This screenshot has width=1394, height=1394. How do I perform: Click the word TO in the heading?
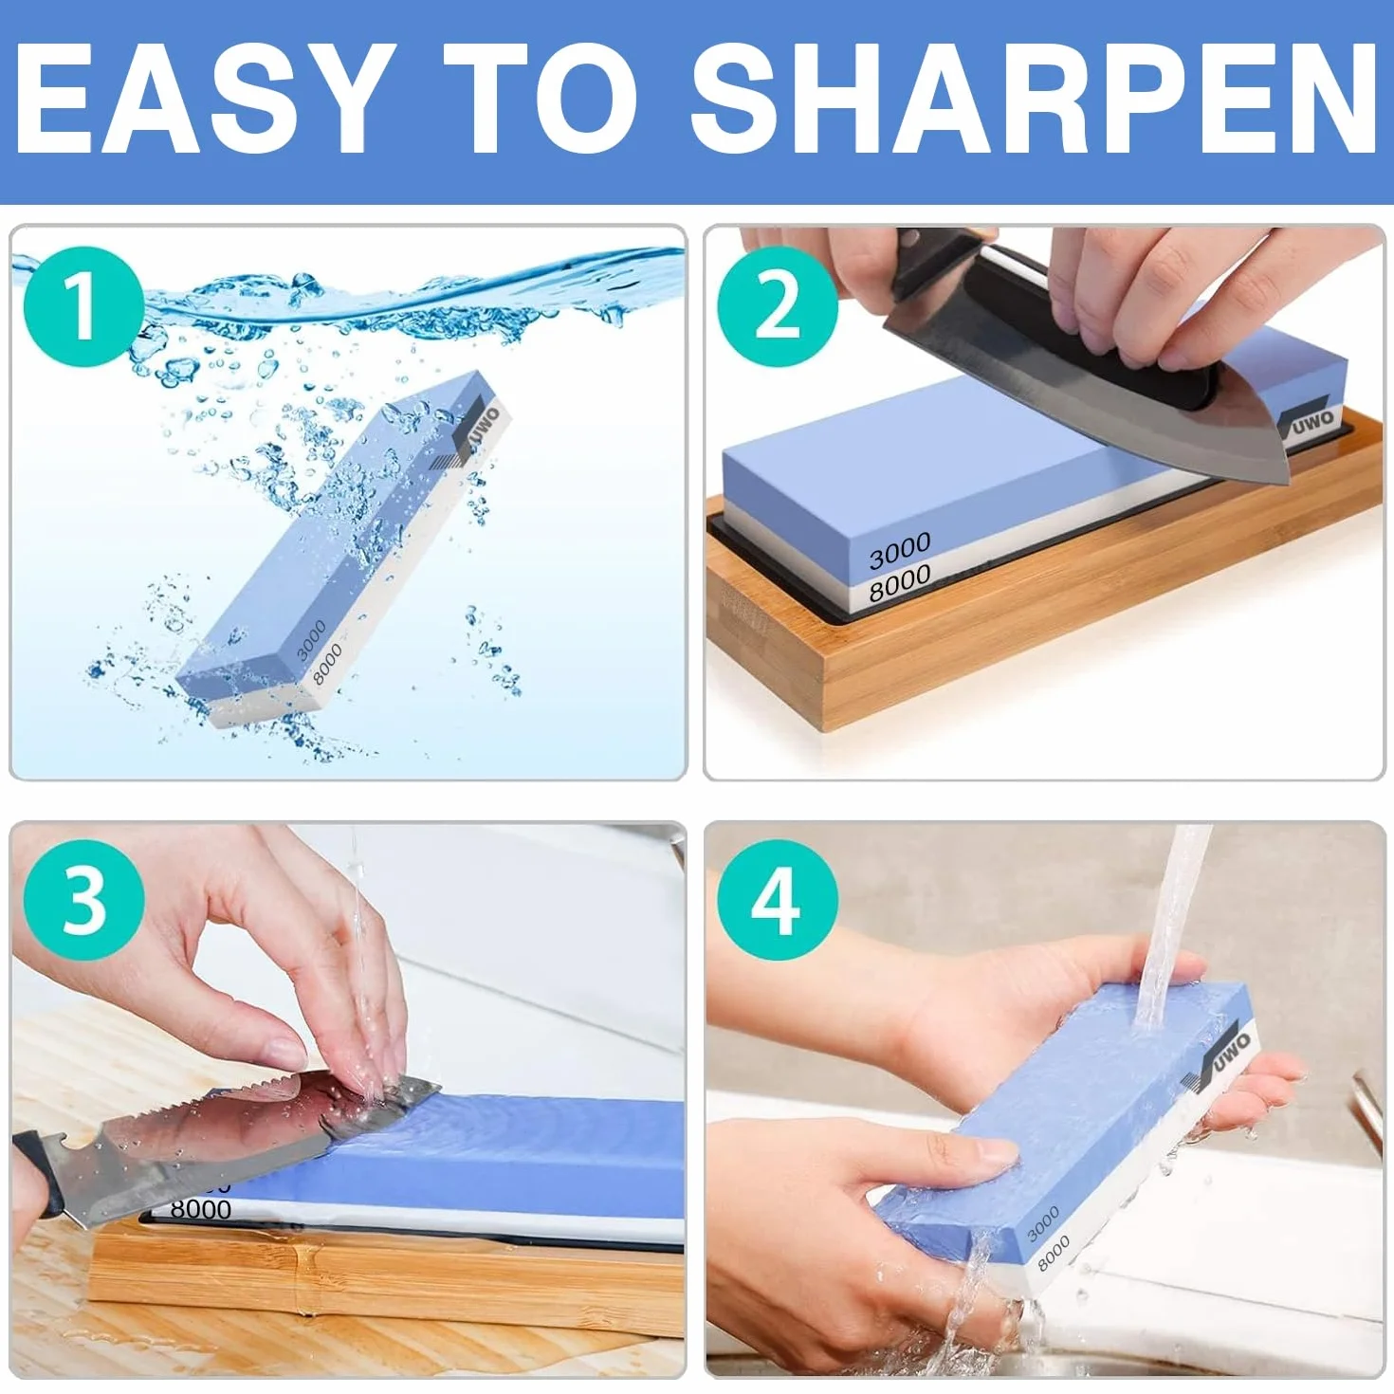pos(541,100)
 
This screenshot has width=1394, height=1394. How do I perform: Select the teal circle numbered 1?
pos(83,307)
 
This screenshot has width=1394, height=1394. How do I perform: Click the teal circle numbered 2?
pos(777,307)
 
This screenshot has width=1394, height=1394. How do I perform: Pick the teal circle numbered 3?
pos(83,901)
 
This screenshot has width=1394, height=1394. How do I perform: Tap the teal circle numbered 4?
pos(777,901)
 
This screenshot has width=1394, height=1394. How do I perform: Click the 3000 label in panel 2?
pos(899,551)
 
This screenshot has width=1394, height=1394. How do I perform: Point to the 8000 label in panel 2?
pos(899,583)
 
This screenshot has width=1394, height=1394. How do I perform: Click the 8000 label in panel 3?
pos(200,1209)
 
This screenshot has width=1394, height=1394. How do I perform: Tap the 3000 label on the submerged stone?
pos(312,639)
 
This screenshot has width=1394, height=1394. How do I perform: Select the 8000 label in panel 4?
pos(1054,1254)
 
